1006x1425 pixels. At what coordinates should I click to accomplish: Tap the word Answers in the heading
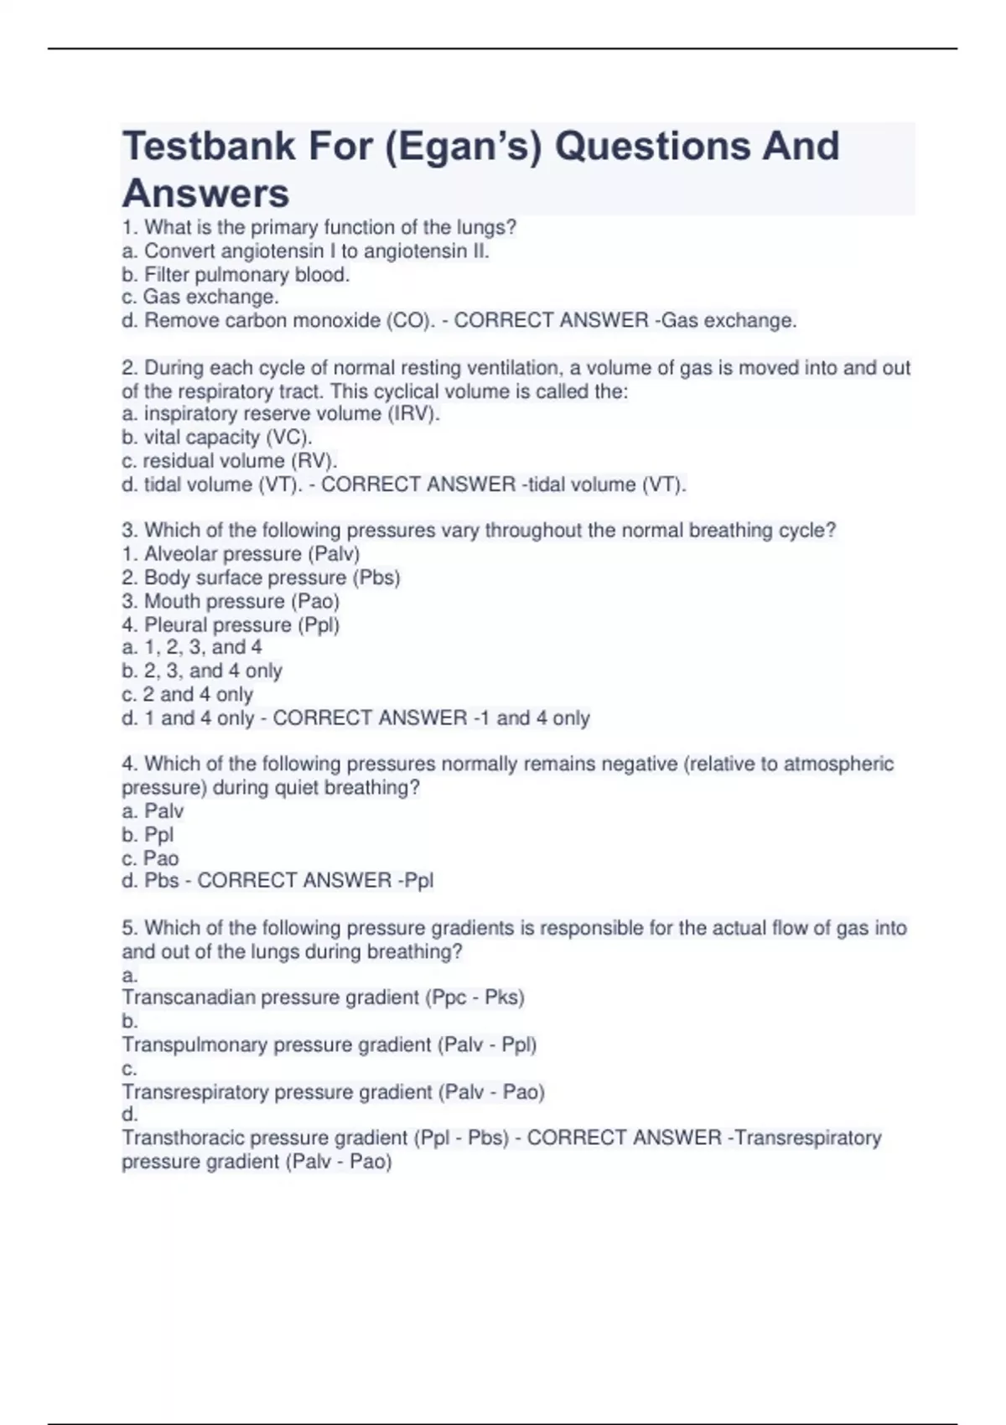click(x=205, y=194)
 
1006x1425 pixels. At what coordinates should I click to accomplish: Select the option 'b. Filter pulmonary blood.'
click(x=236, y=274)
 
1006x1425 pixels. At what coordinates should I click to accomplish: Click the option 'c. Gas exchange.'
click(x=200, y=297)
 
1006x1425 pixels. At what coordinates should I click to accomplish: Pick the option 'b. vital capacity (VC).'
click(x=217, y=437)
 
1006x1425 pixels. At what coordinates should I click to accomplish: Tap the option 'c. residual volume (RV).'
click(x=229, y=460)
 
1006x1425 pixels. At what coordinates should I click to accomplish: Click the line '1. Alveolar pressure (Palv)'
click(x=241, y=554)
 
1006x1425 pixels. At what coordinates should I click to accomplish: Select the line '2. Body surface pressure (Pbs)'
click(x=261, y=578)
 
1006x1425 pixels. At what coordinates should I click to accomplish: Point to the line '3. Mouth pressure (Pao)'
click(x=231, y=601)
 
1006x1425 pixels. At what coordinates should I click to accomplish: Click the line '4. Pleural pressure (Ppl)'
click(x=231, y=624)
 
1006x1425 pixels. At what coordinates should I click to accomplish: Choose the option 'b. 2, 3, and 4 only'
click(x=202, y=671)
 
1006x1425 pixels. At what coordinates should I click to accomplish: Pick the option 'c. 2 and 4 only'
click(x=187, y=694)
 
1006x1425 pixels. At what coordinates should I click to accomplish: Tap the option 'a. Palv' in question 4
click(x=153, y=811)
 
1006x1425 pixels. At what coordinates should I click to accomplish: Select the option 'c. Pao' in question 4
click(x=150, y=858)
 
